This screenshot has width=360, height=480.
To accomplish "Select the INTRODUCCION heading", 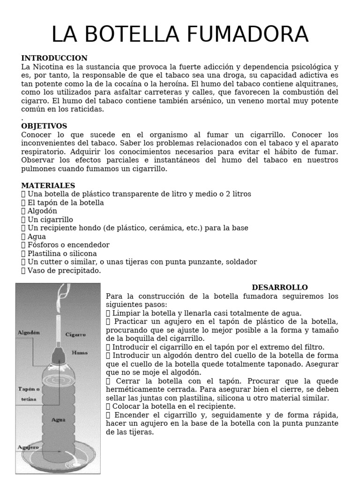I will pos(54,58).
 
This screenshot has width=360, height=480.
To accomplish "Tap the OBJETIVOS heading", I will pos(44,126).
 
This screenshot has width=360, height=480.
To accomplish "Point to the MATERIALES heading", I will pos(48,186).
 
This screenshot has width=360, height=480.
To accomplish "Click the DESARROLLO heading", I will pos(279,287).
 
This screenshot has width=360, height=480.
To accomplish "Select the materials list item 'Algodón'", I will pos(43,211).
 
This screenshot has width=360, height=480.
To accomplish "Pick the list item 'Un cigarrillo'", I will pos(50,219).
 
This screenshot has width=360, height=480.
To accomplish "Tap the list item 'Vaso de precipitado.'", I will pos(64,270).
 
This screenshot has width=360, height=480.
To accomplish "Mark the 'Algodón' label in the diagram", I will pos(29,332).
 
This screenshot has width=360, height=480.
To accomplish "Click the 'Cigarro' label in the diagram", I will pos(75,335).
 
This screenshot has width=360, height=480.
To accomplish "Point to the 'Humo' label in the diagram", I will pos(79,352).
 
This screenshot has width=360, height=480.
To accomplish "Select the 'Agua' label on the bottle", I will pos(59,420).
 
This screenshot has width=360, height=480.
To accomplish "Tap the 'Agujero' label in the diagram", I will pos(28,447).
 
